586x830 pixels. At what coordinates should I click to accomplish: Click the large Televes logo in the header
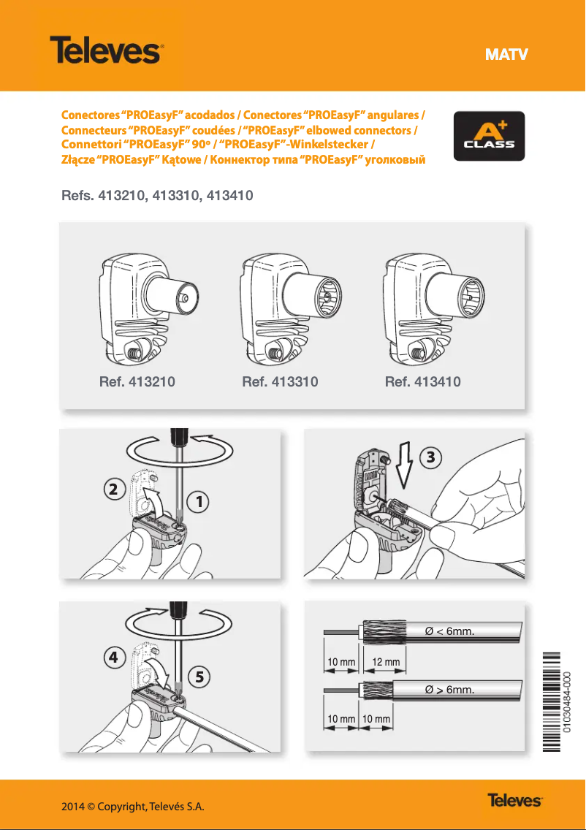tap(105, 52)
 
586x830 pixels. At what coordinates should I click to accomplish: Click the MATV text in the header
tap(506, 55)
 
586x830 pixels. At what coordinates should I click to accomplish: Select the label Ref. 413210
tap(137, 381)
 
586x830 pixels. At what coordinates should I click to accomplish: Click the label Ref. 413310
tap(280, 381)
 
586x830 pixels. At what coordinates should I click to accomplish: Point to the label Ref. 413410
tap(422, 381)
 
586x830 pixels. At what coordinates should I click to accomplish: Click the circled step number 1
tap(197, 502)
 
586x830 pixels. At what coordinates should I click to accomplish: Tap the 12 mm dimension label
tap(386, 662)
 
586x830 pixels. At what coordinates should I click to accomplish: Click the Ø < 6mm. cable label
tap(450, 631)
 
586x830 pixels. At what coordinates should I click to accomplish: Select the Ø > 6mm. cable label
tap(450, 689)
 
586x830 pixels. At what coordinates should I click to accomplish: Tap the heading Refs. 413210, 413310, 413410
tap(157, 196)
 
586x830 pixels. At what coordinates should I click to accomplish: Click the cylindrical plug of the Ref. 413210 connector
tap(172, 298)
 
